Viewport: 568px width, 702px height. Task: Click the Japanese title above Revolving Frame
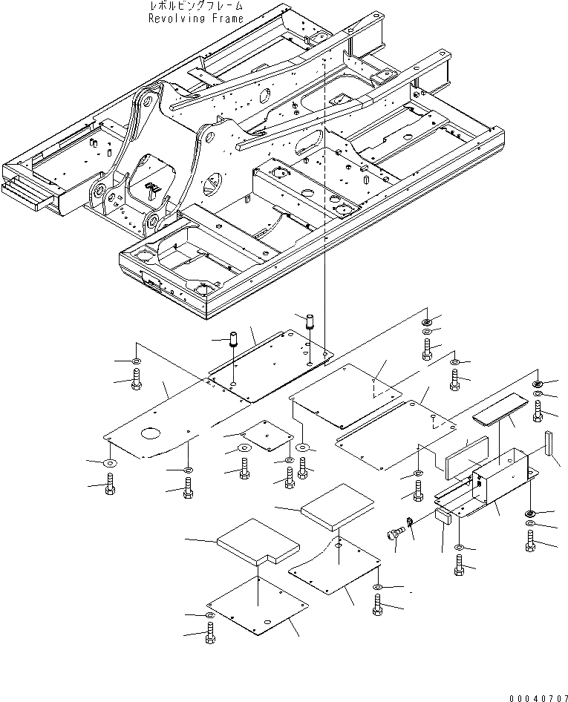(x=195, y=6)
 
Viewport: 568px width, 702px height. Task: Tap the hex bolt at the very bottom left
(x=210, y=634)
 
